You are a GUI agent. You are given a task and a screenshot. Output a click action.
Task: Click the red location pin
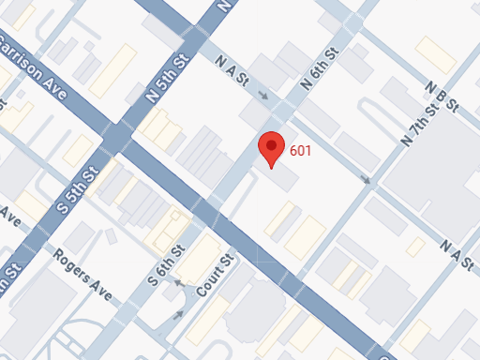pos(272,148)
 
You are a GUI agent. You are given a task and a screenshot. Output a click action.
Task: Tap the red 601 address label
pos(301,150)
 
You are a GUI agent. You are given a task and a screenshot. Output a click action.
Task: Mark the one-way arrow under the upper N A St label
pos(264,95)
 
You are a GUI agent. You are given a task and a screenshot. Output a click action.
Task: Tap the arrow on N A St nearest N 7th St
pos(365,179)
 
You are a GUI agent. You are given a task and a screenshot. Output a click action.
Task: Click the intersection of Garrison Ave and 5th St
pos(113,138)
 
